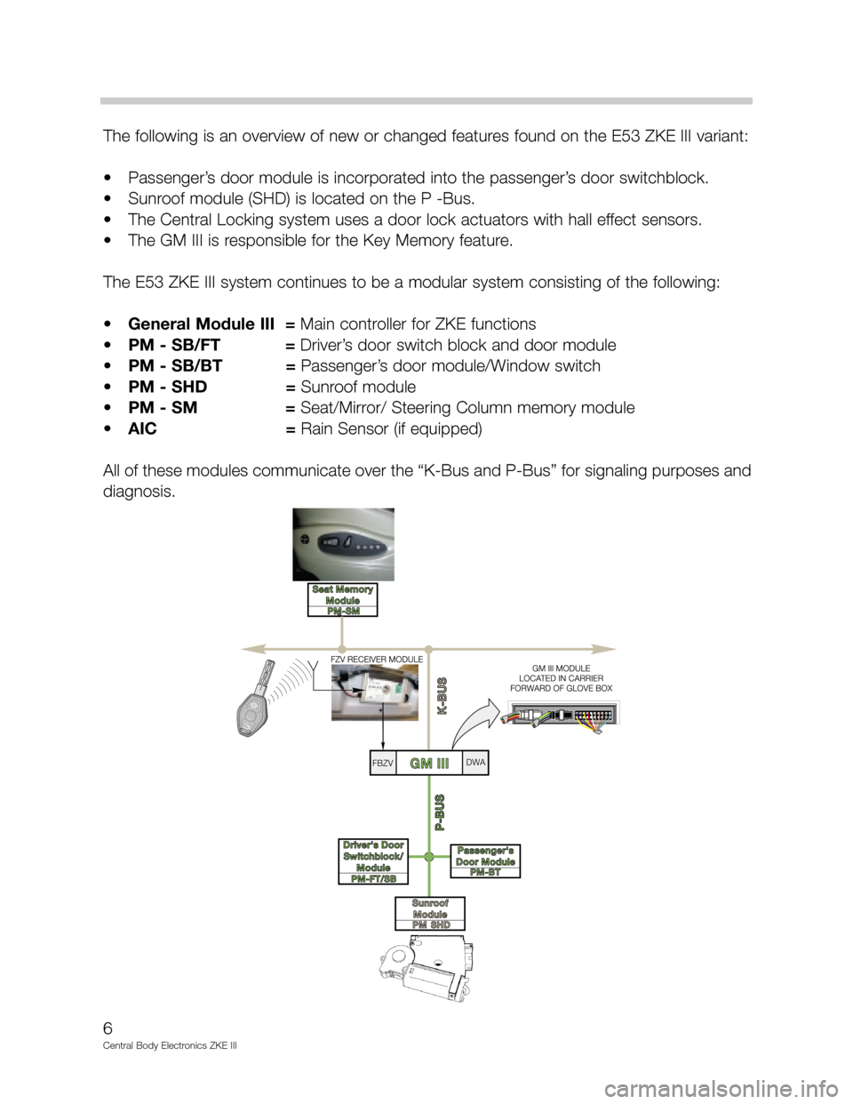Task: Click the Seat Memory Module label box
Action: (x=343, y=595)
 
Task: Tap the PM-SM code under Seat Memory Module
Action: (x=343, y=610)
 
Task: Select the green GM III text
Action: (x=429, y=764)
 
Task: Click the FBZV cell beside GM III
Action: (x=383, y=764)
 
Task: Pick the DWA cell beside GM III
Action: (x=475, y=763)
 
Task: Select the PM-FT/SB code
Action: (x=373, y=878)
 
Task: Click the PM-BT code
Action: (x=485, y=873)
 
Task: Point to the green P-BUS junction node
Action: (x=428, y=857)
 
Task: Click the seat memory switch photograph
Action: (x=343, y=542)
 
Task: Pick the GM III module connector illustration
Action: (x=560, y=717)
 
